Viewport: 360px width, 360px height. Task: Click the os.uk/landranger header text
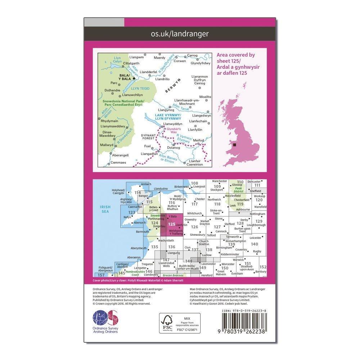[x=179, y=34]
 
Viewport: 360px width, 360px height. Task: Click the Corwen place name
[x=180, y=61]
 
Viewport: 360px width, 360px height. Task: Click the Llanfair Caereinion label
[x=195, y=162]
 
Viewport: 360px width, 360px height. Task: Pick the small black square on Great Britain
[x=235, y=145]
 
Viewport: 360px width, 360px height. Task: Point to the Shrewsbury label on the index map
[x=197, y=234]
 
